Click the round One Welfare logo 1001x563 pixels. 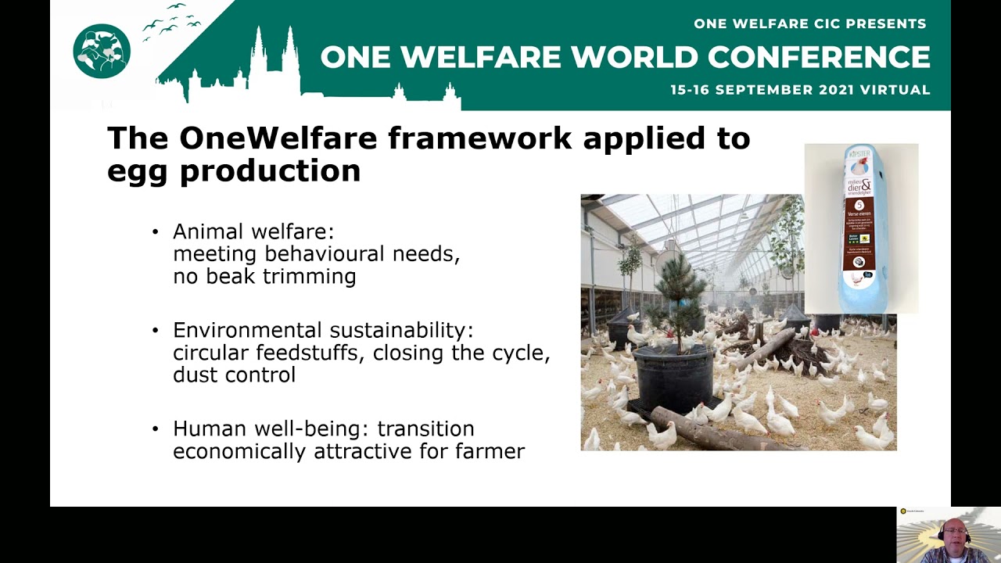pyautogui.click(x=102, y=51)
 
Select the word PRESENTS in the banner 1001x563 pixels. pyautogui.click(x=883, y=23)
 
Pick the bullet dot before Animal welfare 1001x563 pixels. pyautogui.click(x=155, y=231)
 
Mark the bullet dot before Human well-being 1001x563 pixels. pyautogui.click(x=155, y=429)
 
